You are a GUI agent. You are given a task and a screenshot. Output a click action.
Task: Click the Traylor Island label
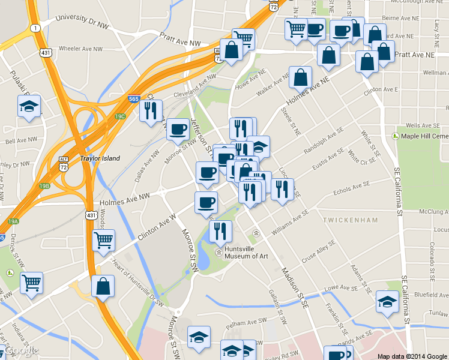(x=100, y=158)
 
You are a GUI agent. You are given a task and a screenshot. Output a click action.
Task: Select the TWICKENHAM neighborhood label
(x=351, y=220)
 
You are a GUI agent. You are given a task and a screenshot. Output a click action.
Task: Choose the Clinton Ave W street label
(x=157, y=226)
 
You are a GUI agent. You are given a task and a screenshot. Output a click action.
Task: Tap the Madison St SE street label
(x=295, y=289)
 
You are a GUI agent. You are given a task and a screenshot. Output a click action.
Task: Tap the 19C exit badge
(x=120, y=116)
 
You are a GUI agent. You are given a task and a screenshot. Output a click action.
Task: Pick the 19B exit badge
(x=44, y=185)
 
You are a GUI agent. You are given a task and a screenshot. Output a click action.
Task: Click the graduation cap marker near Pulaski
(x=29, y=106)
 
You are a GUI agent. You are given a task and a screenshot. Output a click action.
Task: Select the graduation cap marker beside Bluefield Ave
(x=387, y=302)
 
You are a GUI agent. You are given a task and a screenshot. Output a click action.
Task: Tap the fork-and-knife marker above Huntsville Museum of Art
(x=220, y=231)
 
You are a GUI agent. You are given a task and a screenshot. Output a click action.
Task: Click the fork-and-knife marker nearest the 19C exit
(x=151, y=110)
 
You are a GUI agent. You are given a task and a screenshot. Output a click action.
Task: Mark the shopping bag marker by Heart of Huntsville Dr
(x=103, y=286)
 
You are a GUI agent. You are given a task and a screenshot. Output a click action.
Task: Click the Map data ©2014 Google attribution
(x=412, y=356)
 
